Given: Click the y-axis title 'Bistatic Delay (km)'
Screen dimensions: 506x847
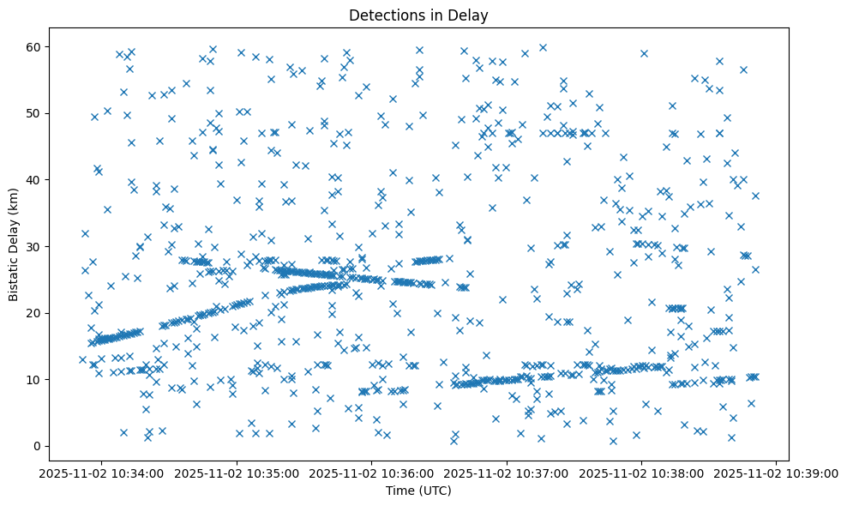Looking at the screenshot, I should [x=14, y=244].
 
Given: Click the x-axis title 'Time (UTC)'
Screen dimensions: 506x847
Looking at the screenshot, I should [x=419, y=491].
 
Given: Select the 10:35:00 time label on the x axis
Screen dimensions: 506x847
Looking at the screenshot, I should [x=237, y=473].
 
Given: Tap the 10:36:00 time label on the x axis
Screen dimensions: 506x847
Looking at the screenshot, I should [x=372, y=473].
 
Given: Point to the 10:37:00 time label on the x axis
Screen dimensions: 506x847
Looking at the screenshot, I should [x=507, y=473].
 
